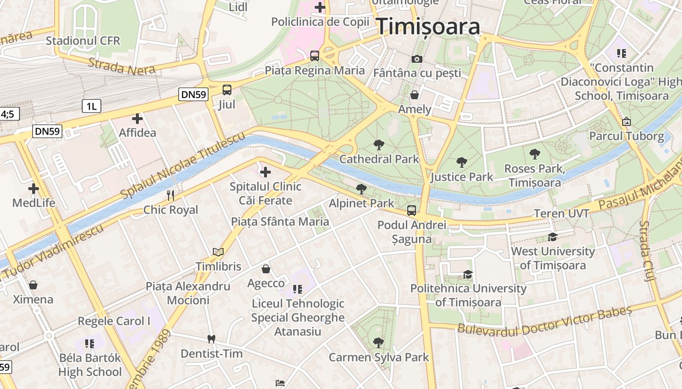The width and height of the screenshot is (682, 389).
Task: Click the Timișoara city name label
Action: point(429,26)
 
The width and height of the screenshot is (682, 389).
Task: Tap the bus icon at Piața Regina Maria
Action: point(315,55)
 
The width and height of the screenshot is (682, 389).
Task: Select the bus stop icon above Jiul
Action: point(227,89)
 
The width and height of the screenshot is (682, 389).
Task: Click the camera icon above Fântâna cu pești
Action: point(417,59)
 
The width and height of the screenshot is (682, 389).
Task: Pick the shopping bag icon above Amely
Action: point(415,94)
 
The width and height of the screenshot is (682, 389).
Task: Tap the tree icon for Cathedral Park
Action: point(379,144)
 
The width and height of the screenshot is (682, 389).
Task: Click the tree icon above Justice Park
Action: point(462,162)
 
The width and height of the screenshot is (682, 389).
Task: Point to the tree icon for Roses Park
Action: point(535,154)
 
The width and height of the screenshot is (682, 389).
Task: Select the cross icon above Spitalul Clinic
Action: point(265,172)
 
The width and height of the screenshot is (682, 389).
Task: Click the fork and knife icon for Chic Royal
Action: point(170,195)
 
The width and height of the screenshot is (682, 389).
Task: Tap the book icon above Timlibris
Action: point(218,252)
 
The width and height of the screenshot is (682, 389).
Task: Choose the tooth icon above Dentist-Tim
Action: point(211,339)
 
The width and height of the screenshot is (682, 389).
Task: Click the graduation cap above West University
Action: point(552,237)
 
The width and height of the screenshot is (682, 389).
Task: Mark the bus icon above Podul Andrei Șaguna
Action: point(412,210)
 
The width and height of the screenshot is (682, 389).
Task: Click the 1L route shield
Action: point(91,106)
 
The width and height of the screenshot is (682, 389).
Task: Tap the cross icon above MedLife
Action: point(34,188)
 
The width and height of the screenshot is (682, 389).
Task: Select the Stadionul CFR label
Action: point(83,41)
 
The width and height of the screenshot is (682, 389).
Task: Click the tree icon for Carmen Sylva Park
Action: point(378,343)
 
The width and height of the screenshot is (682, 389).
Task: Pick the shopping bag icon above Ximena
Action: point(33,284)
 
